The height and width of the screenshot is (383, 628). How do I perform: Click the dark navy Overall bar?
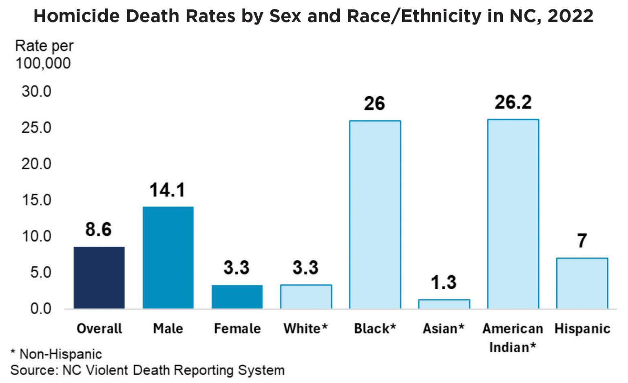[99, 277]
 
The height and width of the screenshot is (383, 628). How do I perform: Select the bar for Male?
[168, 257]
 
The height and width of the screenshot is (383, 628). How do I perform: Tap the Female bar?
[237, 297]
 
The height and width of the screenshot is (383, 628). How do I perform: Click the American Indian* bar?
[513, 214]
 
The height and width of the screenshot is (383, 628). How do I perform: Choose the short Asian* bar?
[444, 304]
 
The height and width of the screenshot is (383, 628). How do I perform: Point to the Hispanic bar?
[582, 283]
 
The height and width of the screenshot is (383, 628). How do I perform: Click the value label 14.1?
[167, 190]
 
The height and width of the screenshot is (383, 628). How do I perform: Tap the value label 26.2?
[513, 102]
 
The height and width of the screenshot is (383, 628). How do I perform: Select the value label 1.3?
[444, 282]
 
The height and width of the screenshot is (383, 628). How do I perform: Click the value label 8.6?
[98, 230]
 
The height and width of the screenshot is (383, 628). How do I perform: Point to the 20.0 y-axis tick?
[37, 164]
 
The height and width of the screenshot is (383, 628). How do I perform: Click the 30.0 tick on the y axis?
[37, 91]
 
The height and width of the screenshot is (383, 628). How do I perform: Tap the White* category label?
[305, 328]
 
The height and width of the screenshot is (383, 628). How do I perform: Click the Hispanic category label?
[582, 329]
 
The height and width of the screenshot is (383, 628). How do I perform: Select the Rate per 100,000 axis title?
[44, 55]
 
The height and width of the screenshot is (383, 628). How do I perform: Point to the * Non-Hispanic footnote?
[56, 354]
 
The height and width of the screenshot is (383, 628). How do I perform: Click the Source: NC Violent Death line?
[147, 370]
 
